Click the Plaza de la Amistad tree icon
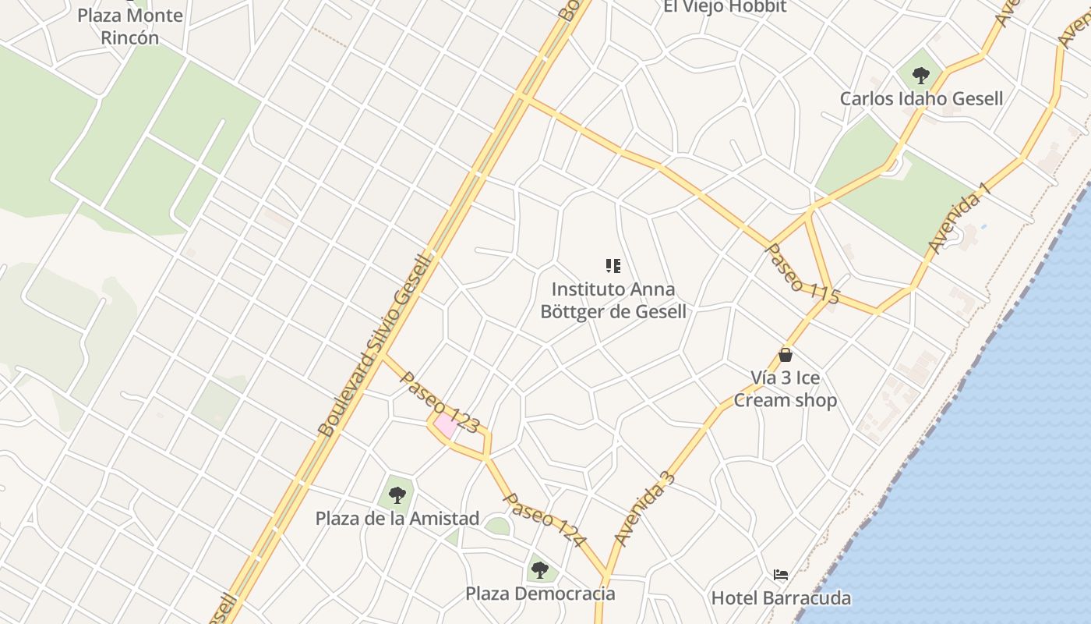(397, 495)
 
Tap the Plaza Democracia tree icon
(540, 570)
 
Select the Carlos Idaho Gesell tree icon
(921, 76)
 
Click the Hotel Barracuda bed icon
(781, 575)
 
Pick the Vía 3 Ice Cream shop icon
(786, 355)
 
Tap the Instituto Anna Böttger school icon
(613, 266)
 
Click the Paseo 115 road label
(803, 274)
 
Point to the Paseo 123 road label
(440, 402)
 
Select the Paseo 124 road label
(544, 519)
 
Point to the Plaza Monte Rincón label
(130, 27)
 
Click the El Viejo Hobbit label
(725, 7)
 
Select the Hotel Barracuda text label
(781, 598)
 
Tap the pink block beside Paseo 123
(446, 425)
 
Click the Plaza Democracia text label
(540, 594)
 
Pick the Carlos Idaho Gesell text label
(921, 99)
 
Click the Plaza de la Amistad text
(397, 518)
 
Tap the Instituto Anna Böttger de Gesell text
(613, 301)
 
